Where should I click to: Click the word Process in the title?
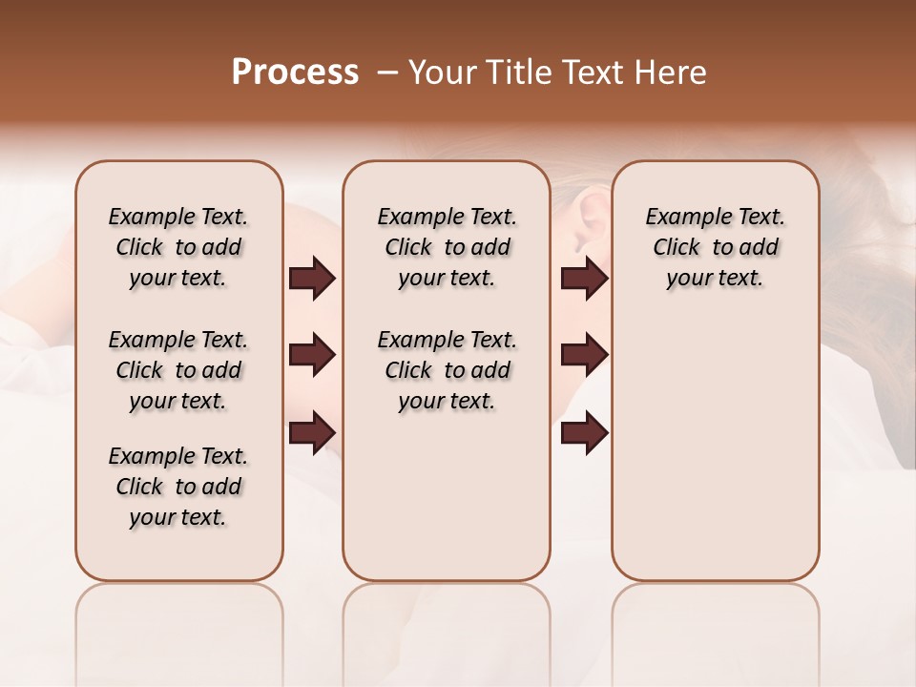pyautogui.click(x=295, y=72)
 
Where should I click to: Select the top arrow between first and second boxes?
pyautogui.click(x=312, y=278)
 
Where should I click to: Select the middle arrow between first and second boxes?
pyautogui.click(x=312, y=355)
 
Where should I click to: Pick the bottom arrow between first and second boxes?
pyautogui.click(x=312, y=431)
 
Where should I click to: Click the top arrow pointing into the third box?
pyautogui.click(x=584, y=278)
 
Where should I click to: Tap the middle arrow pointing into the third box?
pyautogui.click(x=584, y=355)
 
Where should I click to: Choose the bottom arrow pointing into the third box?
pyautogui.click(x=584, y=433)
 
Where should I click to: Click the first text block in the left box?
pyautogui.click(x=178, y=247)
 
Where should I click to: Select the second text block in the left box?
pyautogui.click(x=178, y=370)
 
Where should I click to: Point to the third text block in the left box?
pyautogui.click(x=178, y=487)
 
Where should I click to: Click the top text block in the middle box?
pyautogui.click(x=447, y=247)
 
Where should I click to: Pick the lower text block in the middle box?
pyautogui.click(x=447, y=370)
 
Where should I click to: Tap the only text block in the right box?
pyautogui.click(x=715, y=247)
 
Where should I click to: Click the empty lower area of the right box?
pyautogui.click(x=715, y=458)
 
